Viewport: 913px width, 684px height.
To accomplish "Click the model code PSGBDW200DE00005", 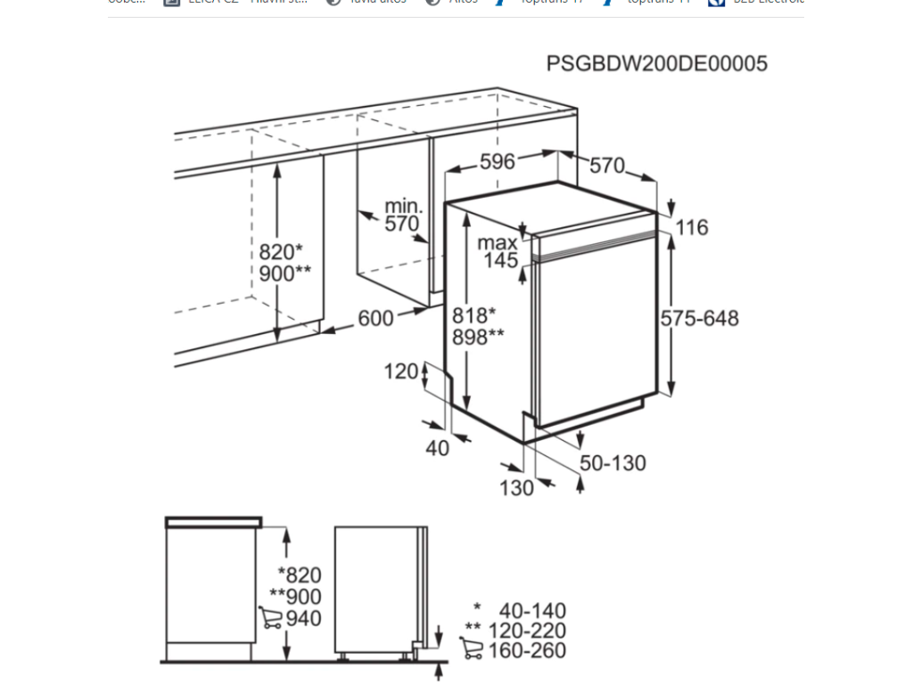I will click(656, 64).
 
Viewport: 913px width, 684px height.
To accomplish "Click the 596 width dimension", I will click(498, 161).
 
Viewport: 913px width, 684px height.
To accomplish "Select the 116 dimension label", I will click(691, 228).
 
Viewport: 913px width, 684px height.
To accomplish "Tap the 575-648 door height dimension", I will click(700, 319).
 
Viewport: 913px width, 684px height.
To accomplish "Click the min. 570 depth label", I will click(402, 216).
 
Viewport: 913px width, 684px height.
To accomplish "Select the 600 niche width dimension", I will click(375, 318).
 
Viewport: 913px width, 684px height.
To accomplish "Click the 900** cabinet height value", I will click(284, 273).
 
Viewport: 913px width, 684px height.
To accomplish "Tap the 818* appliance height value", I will click(473, 315).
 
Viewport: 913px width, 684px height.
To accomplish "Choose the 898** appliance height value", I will click(478, 337).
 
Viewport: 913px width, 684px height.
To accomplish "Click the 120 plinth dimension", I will click(401, 371).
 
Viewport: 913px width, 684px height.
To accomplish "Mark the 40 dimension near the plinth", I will click(437, 449).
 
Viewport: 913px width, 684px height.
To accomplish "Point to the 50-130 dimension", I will click(613, 463).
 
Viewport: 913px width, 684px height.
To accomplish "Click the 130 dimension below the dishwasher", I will click(516, 487).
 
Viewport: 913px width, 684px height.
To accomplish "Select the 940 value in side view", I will click(304, 618).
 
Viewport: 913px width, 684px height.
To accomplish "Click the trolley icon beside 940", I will click(270, 617).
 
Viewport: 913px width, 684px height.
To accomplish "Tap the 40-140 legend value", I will click(532, 611).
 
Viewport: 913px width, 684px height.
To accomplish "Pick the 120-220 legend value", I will click(532, 631).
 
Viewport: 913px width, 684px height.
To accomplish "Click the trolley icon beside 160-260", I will click(473, 649).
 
